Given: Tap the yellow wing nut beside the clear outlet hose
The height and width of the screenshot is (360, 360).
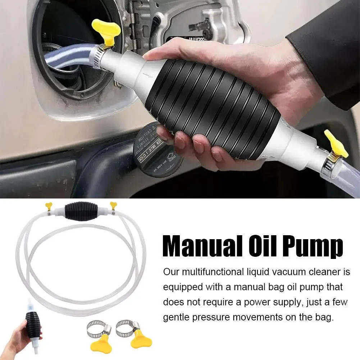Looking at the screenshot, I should (336, 144).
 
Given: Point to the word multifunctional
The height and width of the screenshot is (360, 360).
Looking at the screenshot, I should (212, 272).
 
